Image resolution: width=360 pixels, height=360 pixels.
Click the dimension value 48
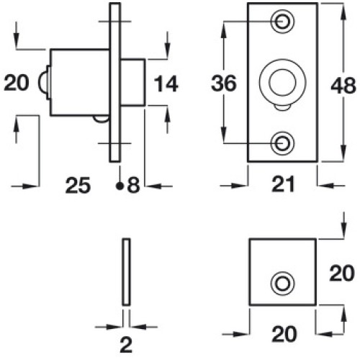click(x=343, y=86)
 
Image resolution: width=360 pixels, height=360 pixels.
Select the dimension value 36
click(x=224, y=84)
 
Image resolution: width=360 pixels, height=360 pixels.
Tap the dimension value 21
click(x=283, y=184)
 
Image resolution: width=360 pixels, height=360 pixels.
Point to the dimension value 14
click(x=166, y=84)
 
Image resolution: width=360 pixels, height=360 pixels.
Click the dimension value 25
click(x=78, y=185)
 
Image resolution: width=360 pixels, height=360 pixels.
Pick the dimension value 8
click(x=133, y=185)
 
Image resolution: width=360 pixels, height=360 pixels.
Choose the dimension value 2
click(x=126, y=345)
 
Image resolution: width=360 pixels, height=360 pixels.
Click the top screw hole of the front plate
click(x=282, y=22)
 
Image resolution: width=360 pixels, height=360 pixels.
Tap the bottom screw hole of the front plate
click(x=282, y=143)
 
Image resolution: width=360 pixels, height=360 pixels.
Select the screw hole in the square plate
click(x=282, y=284)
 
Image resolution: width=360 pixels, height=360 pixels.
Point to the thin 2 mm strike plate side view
click(x=126, y=272)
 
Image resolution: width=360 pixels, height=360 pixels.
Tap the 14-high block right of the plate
click(x=132, y=82)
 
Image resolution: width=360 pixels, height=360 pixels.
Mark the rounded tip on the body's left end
click(x=42, y=82)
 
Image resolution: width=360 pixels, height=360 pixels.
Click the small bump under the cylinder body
click(x=101, y=119)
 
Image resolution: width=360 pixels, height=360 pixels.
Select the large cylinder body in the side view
click(x=80, y=82)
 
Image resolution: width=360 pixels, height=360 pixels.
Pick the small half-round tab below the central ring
click(x=282, y=108)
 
